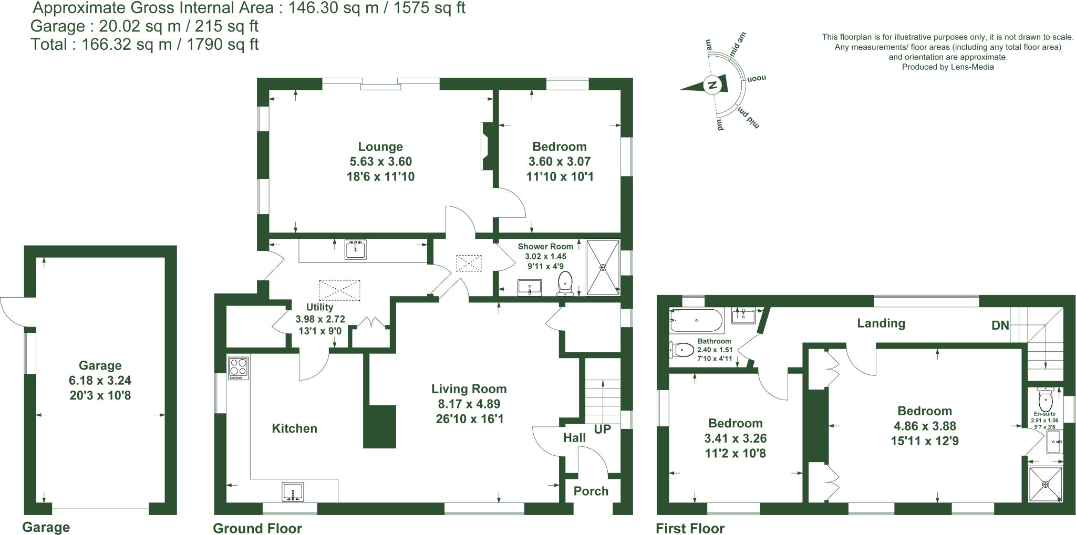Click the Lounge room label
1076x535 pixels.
(380, 147)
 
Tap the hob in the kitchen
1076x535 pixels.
(239, 368)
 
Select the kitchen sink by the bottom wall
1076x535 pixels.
(293, 492)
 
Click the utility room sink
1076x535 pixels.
(356, 249)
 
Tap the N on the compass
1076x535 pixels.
(712, 85)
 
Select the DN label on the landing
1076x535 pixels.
(1000, 326)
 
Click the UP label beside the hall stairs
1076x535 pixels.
(602, 429)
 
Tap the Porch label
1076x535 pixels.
(591, 491)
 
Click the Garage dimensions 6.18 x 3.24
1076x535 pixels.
(100, 381)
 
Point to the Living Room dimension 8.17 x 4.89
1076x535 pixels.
(468, 404)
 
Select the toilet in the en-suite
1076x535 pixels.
(1046, 400)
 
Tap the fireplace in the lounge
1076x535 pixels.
(487, 146)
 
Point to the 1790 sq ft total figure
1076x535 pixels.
(223, 45)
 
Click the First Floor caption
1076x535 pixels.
(690, 528)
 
